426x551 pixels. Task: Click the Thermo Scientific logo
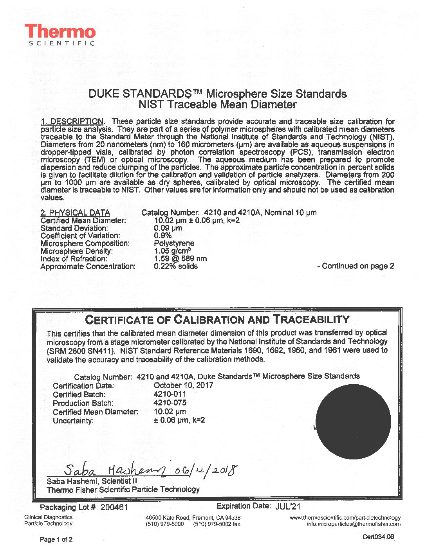click(60, 35)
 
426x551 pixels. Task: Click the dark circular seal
click(353, 422)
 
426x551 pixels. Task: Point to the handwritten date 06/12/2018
click(205, 468)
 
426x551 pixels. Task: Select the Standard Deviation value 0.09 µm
click(168, 228)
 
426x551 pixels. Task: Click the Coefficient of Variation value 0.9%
click(163, 236)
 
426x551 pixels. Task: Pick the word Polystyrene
click(174, 243)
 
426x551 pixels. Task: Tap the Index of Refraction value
click(181, 259)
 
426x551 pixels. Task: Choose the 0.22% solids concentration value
click(176, 266)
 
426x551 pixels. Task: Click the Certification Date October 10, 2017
click(183, 385)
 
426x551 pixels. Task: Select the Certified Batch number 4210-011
click(170, 394)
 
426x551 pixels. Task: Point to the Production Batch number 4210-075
click(170, 403)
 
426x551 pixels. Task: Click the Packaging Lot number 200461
click(114, 507)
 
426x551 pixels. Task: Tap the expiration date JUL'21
click(288, 506)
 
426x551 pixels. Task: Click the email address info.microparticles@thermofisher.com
click(354, 524)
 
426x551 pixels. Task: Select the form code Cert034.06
click(378, 537)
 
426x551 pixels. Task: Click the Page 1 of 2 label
click(56, 540)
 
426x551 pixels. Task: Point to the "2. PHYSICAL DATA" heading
click(75, 213)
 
